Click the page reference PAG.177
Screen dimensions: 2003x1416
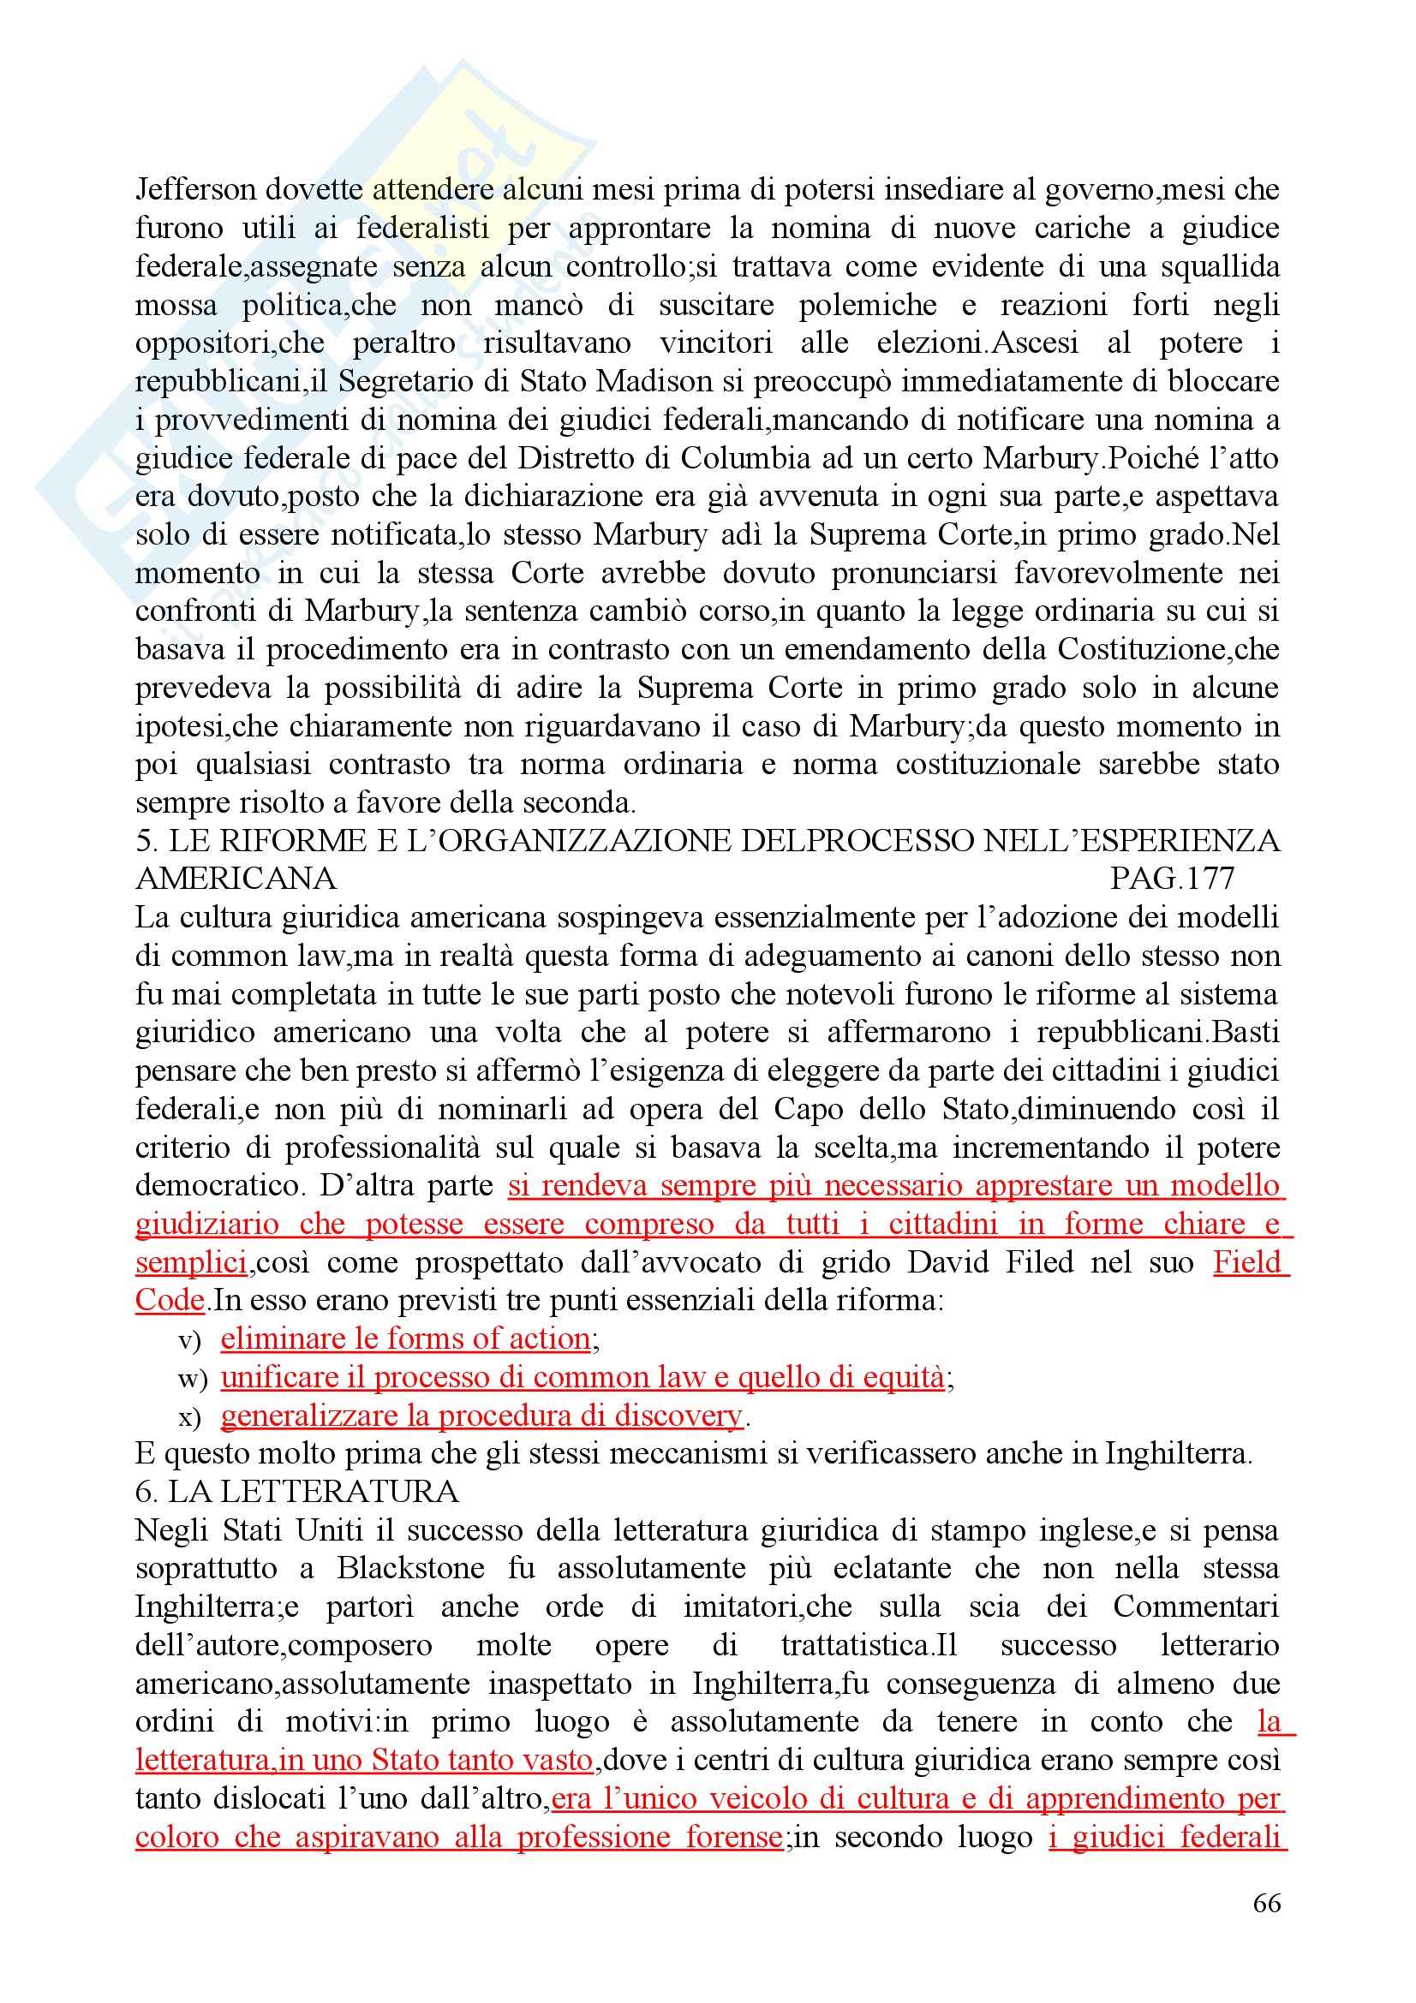pos(1172,879)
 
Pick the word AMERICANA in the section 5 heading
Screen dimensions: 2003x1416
pos(236,879)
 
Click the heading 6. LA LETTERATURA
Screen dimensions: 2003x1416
pos(296,1493)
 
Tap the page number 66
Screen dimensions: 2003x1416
pos(1266,1903)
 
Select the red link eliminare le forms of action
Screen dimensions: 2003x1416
pos(406,1339)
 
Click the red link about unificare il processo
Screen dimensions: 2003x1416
pos(582,1378)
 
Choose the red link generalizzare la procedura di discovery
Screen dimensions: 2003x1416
pos(481,1416)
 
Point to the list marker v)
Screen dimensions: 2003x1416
pos(189,1341)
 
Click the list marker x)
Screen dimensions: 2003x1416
pos(189,1417)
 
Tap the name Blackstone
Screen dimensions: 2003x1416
pos(411,1570)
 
